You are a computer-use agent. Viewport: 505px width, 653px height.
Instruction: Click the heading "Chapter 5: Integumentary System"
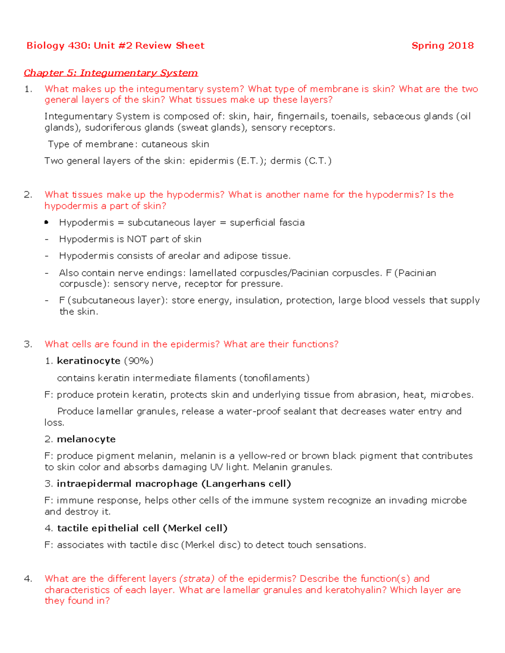click(111, 73)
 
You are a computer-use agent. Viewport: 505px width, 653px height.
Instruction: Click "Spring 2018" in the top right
click(442, 45)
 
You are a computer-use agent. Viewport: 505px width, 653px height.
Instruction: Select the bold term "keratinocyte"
click(88, 361)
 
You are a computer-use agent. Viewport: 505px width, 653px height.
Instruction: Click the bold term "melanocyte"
click(86, 439)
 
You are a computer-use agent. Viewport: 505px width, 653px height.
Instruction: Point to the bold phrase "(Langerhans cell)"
click(247, 484)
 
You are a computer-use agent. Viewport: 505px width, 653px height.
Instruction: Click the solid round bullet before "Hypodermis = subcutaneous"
click(46, 222)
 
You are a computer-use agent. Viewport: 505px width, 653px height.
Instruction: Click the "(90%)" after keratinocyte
click(138, 361)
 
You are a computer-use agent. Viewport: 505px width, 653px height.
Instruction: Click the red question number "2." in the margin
click(28, 195)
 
